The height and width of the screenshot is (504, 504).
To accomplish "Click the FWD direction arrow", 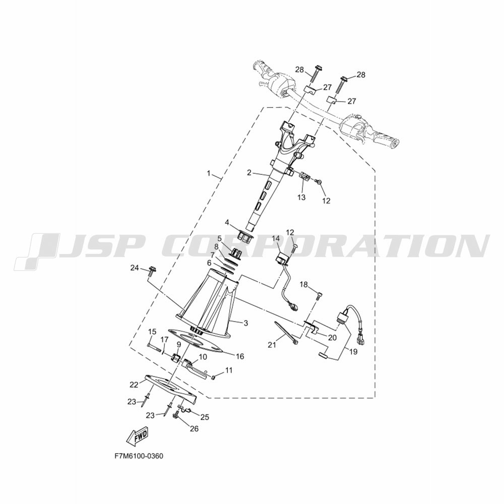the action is (138, 437).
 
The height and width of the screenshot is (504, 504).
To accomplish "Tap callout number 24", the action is (135, 267).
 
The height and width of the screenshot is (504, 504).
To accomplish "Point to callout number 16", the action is (240, 356).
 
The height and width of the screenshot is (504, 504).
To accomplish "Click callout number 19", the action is (353, 352).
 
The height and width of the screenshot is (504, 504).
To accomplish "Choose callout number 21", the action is (272, 345).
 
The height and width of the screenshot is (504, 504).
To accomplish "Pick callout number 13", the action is (301, 197).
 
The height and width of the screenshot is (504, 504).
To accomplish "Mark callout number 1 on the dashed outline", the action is (209, 173).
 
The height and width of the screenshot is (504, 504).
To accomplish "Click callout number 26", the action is (194, 428).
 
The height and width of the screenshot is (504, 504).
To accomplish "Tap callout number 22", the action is (134, 384).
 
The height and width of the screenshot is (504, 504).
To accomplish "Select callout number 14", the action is (276, 238).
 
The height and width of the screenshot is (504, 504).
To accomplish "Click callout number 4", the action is (227, 222).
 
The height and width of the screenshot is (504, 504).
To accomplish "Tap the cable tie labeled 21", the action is (285, 333).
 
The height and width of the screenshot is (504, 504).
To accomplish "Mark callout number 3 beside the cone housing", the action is (245, 323).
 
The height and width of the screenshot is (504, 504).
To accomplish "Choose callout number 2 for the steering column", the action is (249, 172).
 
